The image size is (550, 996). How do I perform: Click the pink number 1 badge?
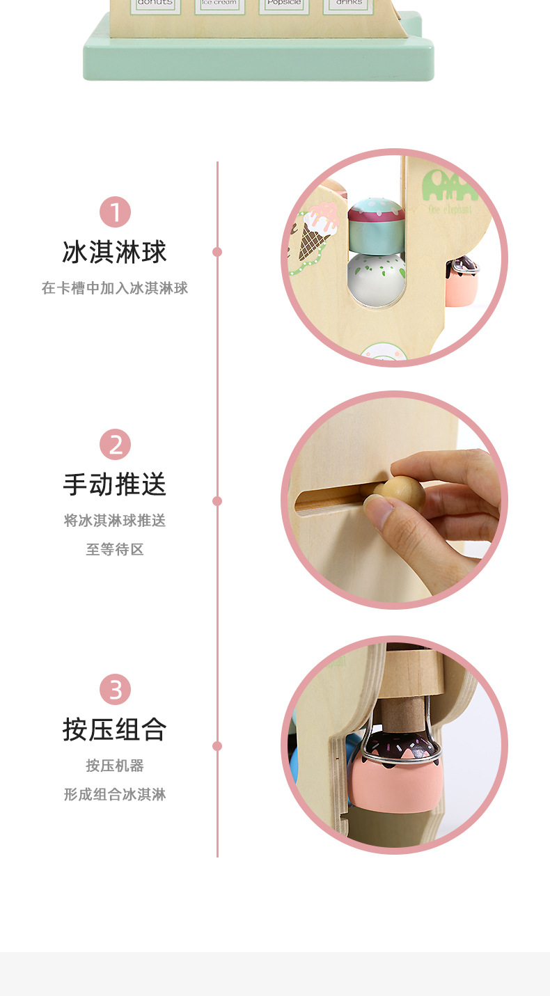(115, 212)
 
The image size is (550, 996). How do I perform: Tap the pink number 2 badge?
(115, 445)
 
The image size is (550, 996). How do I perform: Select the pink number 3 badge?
(115, 690)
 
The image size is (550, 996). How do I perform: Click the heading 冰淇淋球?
(115, 252)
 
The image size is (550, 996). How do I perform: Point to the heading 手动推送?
(115, 484)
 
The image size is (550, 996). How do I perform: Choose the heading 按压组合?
(115, 729)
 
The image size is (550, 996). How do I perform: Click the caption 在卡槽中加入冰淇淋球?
(115, 288)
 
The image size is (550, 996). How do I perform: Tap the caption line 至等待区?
(115, 549)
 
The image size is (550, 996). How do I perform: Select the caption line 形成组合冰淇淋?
(115, 794)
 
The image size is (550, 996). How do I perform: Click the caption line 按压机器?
(115, 766)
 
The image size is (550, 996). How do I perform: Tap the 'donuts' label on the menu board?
(155, 3)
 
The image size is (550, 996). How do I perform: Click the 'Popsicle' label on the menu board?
(283, 3)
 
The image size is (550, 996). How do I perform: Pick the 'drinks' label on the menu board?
(348, 3)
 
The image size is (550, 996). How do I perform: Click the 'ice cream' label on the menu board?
(219, 3)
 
